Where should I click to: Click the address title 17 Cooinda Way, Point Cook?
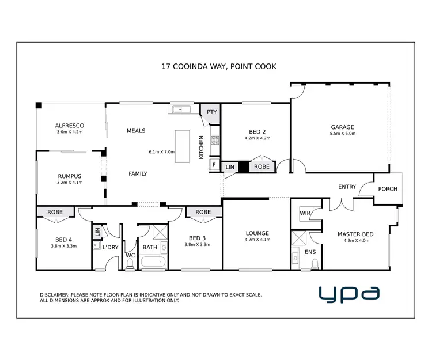pyautogui.click(x=218, y=66)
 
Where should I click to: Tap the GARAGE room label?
pyautogui.click(x=342, y=127)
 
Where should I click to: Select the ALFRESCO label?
pyautogui.click(x=70, y=126)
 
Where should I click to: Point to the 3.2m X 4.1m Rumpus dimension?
pyautogui.click(x=70, y=183)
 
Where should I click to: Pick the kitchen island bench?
pyautogui.click(x=183, y=146)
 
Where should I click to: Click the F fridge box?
pyautogui.click(x=214, y=165)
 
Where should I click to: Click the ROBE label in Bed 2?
pyautogui.click(x=262, y=166)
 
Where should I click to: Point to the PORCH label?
pyautogui.click(x=388, y=189)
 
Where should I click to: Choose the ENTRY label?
pyautogui.click(x=347, y=187)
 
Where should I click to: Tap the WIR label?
pyautogui.click(x=305, y=214)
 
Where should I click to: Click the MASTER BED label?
pyautogui.click(x=355, y=234)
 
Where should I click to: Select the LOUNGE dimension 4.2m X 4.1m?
pyautogui.click(x=257, y=240)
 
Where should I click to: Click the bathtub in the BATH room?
pyautogui.click(x=153, y=263)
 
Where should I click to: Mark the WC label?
pyautogui.click(x=130, y=255)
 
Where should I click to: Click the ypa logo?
pyautogui.click(x=349, y=293)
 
